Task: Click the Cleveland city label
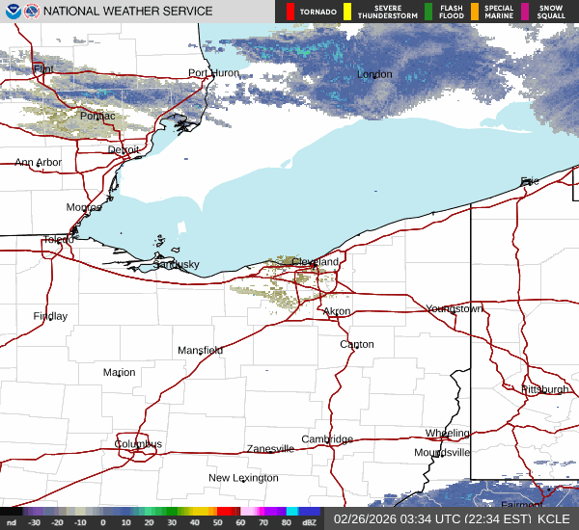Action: coord(316,262)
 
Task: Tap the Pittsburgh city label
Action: coord(544,389)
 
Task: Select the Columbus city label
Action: coord(138,444)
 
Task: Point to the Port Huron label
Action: coord(212,73)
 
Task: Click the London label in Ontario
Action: coord(374,74)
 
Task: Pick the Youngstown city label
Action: coord(454,308)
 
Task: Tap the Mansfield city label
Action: coord(200,350)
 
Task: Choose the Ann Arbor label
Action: coord(38,163)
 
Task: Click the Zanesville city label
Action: coord(269,449)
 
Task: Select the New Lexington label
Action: coord(243,478)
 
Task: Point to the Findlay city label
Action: coord(50,316)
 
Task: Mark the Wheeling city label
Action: coord(448,434)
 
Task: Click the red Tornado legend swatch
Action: coord(290,12)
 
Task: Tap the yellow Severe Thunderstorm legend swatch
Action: coord(346,12)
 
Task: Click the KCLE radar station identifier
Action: coord(556,518)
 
